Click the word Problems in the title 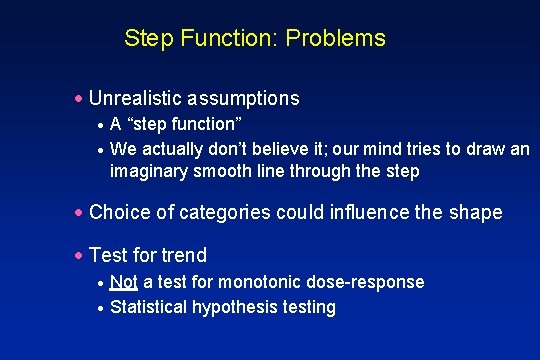[x=335, y=39]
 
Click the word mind [x=373, y=149]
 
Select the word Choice [x=117, y=212]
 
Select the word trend [x=184, y=255]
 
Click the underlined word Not [x=124, y=282]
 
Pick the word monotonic [x=273, y=282]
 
